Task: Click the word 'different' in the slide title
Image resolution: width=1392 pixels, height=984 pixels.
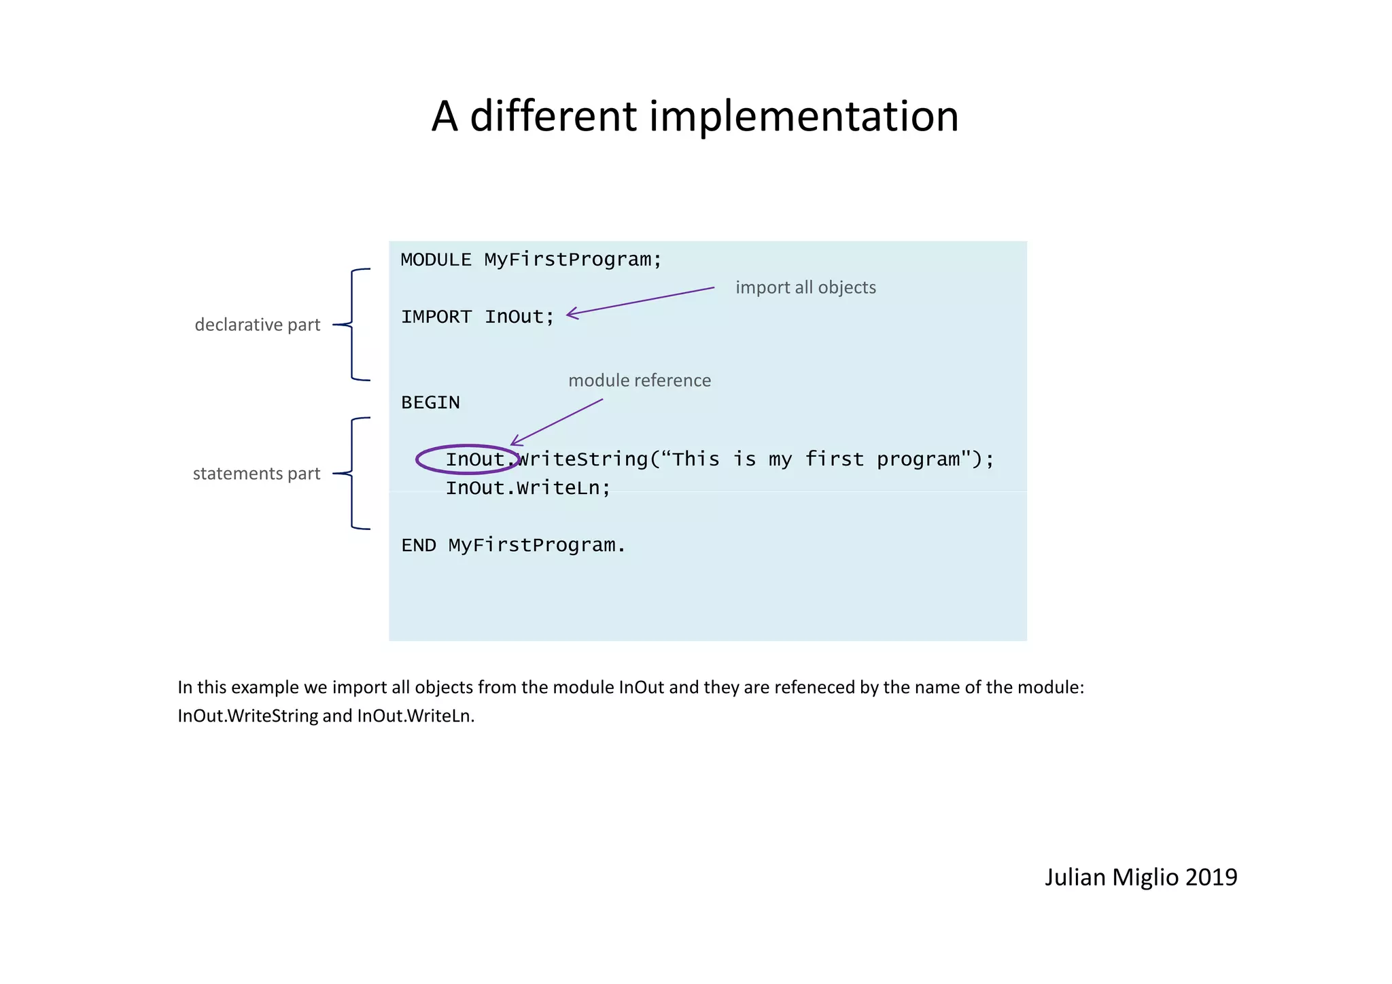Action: tap(553, 116)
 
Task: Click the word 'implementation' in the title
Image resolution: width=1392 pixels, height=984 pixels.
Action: tap(803, 116)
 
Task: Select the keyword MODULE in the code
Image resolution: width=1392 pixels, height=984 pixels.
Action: tap(436, 260)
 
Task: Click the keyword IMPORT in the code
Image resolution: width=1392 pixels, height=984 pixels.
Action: tap(436, 317)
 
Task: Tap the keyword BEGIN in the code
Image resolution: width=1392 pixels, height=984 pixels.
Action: tap(430, 402)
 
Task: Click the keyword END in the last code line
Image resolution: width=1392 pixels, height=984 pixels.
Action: tap(418, 546)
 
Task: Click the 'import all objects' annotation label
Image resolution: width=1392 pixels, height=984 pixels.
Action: tap(805, 287)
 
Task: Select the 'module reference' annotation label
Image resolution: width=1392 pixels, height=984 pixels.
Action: tap(639, 381)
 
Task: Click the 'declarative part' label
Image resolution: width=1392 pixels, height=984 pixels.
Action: tap(257, 325)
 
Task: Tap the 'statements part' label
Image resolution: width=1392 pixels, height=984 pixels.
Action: tap(256, 474)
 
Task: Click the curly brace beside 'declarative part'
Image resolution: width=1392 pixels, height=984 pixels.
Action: tap(352, 325)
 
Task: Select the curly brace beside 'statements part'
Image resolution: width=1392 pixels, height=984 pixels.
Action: tap(352, 474)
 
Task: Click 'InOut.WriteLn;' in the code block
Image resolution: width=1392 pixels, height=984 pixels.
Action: tap(528, 488)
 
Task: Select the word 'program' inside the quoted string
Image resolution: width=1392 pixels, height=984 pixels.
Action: tap(918, 459)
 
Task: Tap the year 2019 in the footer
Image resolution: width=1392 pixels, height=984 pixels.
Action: tap(1211, 877)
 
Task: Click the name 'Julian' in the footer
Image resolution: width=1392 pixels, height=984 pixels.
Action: tap(1075, 877)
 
